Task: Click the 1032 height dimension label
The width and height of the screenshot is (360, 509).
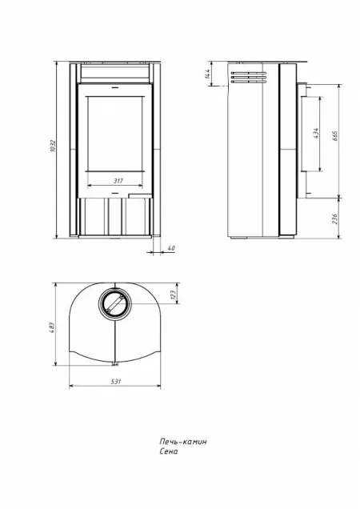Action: tap(54, 146)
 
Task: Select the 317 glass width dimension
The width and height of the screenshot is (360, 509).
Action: tap(118, 181)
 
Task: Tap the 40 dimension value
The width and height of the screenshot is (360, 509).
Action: tap(171, 248)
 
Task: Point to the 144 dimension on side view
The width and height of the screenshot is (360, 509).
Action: tap(208, 74)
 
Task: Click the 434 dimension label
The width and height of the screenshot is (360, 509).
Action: tap(317, 134)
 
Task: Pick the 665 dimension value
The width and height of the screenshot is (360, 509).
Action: tap(335, 136)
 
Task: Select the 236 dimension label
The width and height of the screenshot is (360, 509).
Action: tap(335, 218)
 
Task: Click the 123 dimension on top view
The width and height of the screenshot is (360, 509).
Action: tap(173, 294)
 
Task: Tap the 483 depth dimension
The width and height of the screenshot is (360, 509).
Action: tap(53, 327)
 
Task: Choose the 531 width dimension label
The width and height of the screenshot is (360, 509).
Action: tap(116, 382)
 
